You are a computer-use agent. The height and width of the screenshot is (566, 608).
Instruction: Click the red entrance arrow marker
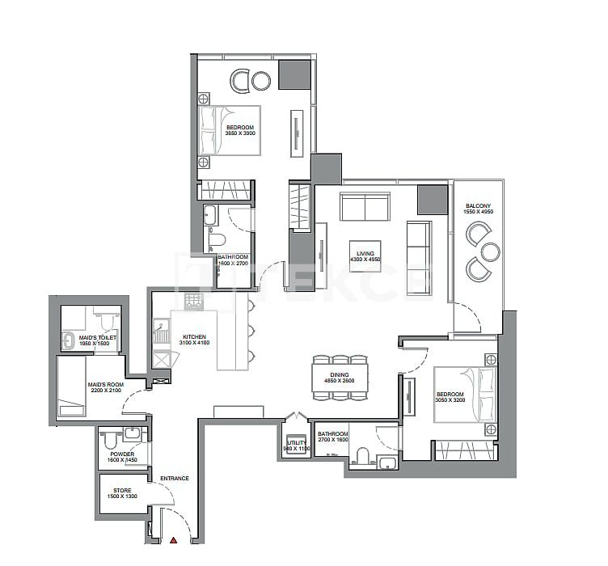click(x=173, y=539)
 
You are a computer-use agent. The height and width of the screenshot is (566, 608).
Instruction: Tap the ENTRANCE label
click(x=174, y=478)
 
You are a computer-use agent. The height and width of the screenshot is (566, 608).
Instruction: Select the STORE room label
click(x=122, y=489)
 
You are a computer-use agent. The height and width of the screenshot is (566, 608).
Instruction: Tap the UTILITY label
click(x=293, y=441)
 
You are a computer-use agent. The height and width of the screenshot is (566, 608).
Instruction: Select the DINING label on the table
click(x=340, y=374)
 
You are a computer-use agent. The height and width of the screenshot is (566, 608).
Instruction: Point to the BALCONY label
click(x=478, y=206)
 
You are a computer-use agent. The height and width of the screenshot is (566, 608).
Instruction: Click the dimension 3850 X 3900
click(x=240, y=134)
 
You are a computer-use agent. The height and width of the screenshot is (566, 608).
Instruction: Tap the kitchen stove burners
click(x=193, y=302)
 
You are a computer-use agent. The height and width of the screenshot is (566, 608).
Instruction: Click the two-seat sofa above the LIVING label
click(x=365, y=206)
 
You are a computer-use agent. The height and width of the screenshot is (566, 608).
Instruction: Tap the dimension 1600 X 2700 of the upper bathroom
click(x=233, y=264)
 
